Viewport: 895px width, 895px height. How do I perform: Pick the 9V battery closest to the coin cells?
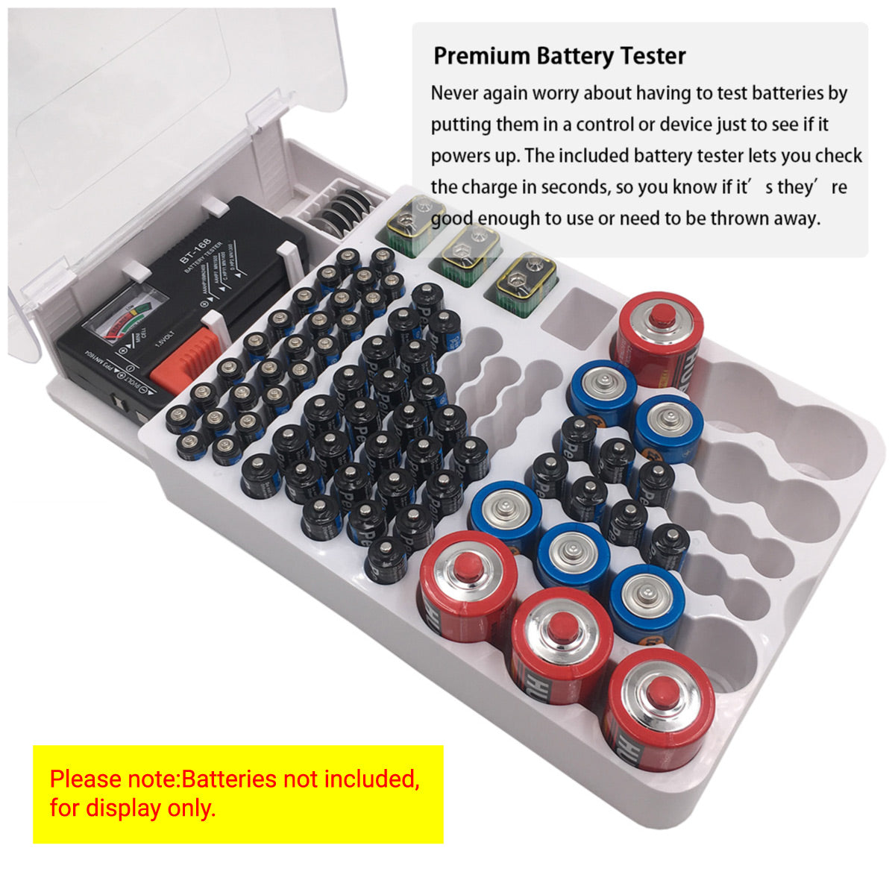(x=409, y=221)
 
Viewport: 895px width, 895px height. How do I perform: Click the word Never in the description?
(x=454, y=93)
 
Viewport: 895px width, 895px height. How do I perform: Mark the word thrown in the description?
(x=737, y=218)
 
